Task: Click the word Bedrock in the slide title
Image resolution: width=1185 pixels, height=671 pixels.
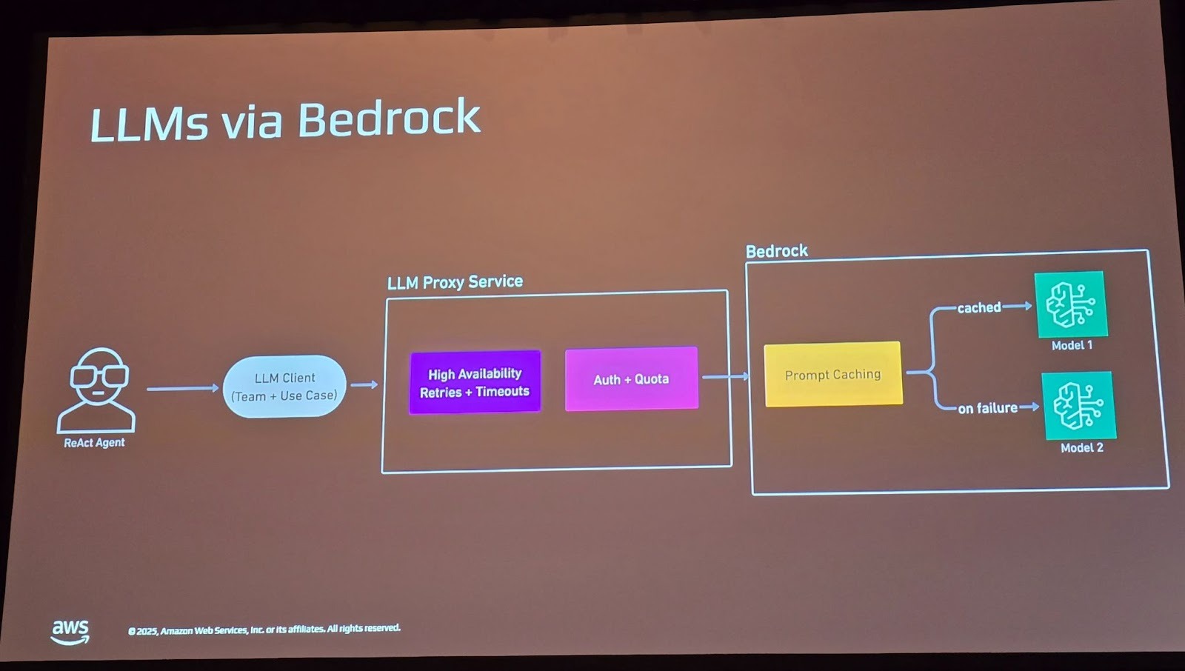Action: click(x=389, y=118)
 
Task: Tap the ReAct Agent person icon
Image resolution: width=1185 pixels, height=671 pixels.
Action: click(x=97, y=390)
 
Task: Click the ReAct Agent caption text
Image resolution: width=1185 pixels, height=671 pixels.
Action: click(x=94, y=443)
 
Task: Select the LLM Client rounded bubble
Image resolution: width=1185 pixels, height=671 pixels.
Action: click(x=284, y=387)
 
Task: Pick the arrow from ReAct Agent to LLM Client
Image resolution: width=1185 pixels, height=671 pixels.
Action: click(x=182, y=388)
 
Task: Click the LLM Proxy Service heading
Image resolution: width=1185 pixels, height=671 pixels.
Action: click(x=455, y=282)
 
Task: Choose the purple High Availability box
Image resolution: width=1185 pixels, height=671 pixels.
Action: click(x=475, y=382)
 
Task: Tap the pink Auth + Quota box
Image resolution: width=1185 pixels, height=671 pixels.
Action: click(x=631, y=379)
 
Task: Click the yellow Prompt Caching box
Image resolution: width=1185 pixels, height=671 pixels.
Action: click(x=832, y=375)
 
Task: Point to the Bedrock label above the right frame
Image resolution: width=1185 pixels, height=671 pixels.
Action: click(x=776, y=251)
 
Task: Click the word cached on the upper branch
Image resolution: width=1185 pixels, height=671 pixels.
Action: click(x=978, y=307)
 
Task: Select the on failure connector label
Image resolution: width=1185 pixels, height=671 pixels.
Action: click(x=987, y=408)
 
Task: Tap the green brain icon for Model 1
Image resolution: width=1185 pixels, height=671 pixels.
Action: click(x=1070, y=304)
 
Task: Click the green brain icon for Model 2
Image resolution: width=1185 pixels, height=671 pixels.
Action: click(x=1078, y=406)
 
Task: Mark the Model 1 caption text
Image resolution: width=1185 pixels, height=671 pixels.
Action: click(x=1072, y=345)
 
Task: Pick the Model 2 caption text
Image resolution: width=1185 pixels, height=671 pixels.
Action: click(x=1081, y=447)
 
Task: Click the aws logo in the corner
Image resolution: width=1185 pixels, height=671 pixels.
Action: click(x=70, y=631)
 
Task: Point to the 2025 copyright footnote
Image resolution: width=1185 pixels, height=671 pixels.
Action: click(x=264, y=630)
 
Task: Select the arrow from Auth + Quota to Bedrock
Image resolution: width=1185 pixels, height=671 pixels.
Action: click(x=724, y=377)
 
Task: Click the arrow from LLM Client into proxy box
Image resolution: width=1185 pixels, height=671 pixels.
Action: click(x=364, y=384)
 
